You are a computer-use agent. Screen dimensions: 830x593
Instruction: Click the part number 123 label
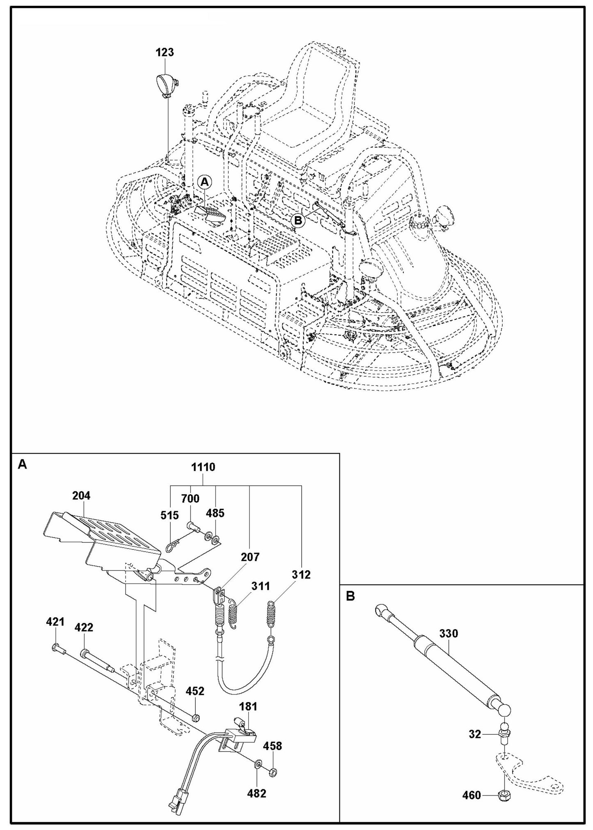[165, 53]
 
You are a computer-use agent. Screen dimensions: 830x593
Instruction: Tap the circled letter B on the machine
[298, 221]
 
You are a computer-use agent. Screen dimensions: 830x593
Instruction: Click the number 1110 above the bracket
[203, 467]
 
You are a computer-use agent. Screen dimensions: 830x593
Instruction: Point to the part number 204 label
[81, 496]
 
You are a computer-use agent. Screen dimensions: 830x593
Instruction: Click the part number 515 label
[169, 515]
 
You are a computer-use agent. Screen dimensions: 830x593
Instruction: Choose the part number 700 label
[190, 499]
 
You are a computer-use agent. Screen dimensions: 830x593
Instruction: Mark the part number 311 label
[261, 586]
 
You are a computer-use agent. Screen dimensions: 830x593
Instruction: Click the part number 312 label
[302, 575]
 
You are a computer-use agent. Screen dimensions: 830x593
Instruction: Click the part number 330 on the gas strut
[449, 634]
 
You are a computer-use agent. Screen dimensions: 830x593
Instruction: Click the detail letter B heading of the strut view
[350, 596]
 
